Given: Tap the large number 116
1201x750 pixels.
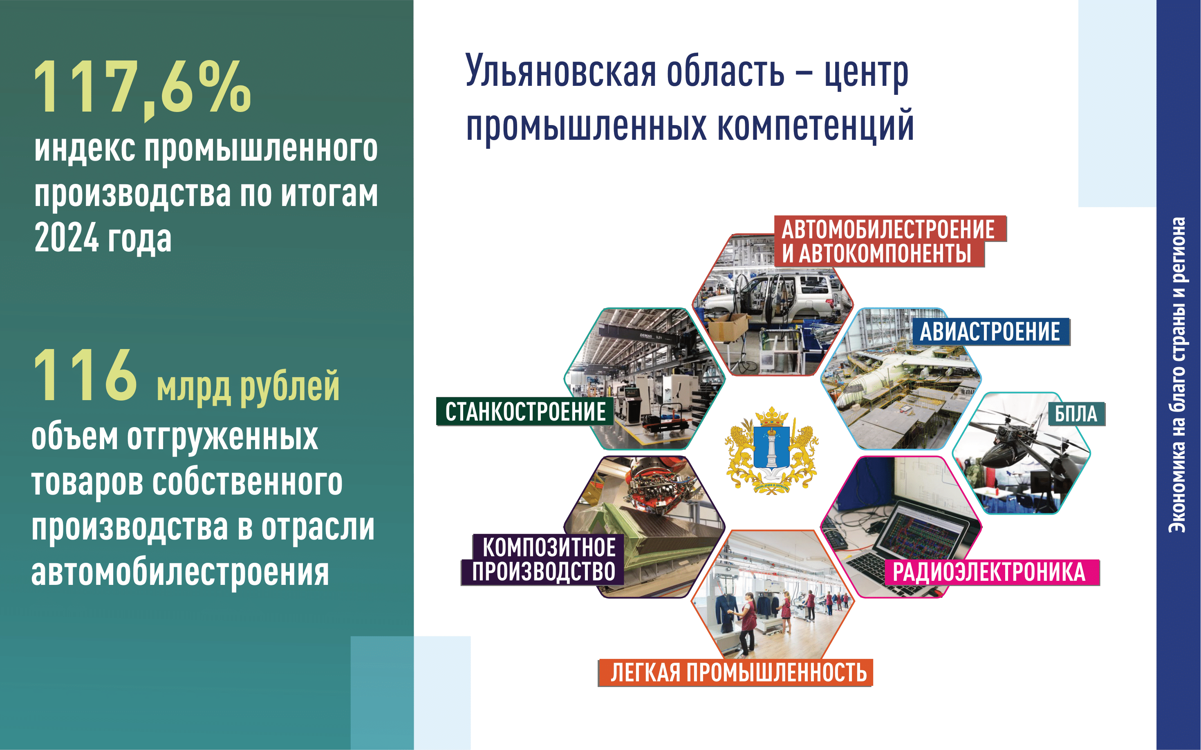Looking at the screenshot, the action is (85, 375).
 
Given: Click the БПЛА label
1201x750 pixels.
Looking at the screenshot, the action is (1076, 414).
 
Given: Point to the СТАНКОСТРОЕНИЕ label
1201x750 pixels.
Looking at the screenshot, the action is (525, 412).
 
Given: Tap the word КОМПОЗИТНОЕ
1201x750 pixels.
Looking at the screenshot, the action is (549, 548).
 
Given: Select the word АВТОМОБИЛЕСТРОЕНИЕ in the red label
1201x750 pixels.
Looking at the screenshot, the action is (888, 229).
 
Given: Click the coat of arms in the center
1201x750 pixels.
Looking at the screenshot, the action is (771, 450).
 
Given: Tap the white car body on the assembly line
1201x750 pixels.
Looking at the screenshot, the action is (774, 298).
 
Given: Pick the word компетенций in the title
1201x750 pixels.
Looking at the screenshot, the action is (816, 126).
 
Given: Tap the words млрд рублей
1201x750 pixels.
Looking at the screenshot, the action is (248, 387).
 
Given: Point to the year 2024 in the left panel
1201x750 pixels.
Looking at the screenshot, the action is (67, 239).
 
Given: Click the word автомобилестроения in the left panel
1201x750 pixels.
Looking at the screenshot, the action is (180, 573).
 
